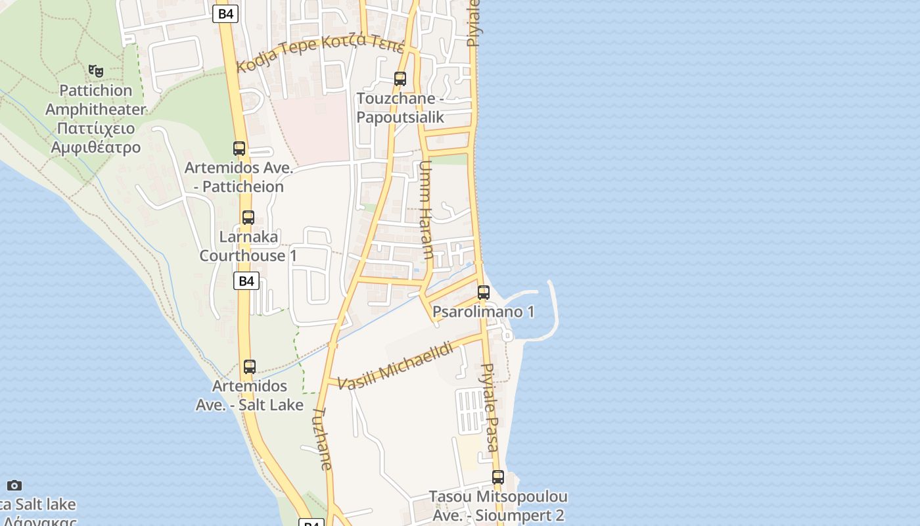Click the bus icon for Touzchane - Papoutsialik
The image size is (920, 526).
coord(400,79)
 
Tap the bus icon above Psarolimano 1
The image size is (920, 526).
coord(484,293)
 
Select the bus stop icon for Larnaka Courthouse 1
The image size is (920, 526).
coord(248,218)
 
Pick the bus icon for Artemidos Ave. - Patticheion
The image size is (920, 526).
coord(239,149)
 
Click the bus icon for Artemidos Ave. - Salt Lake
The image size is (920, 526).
coord(249,367)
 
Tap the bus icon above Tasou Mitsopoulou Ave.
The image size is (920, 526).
coord(498,477)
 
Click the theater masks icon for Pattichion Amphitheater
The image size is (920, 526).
coord(96,70)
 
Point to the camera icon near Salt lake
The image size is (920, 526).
coord(14,486)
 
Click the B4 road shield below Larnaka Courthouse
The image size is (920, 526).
coord(246,281)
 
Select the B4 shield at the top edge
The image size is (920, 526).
coord(225,14)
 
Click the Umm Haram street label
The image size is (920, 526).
coord(425,210)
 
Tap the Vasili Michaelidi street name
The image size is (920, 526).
coord(396,365)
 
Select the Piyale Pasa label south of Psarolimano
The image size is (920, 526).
coord(490,408)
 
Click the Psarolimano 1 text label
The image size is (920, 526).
coord(483,312)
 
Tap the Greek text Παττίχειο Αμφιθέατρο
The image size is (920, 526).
coord(96,137)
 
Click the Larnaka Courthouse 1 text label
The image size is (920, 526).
coord(248,246)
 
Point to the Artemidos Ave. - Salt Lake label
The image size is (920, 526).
coord(249,395)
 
